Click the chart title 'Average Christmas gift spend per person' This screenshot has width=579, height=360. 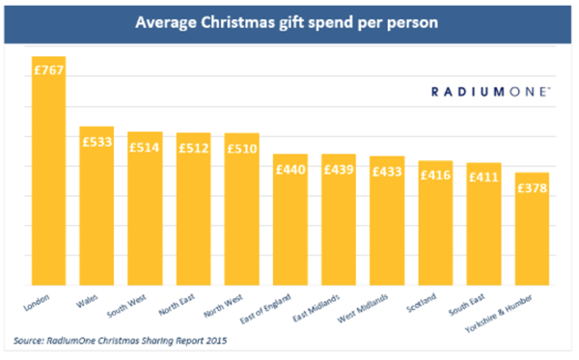289,20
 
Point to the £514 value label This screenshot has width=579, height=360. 145,149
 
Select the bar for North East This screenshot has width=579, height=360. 193,217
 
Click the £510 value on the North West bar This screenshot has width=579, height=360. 241,150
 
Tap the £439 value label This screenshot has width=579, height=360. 338,171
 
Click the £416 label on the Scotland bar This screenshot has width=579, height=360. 434,177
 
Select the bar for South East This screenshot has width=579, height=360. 482,232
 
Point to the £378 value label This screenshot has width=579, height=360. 532,188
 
